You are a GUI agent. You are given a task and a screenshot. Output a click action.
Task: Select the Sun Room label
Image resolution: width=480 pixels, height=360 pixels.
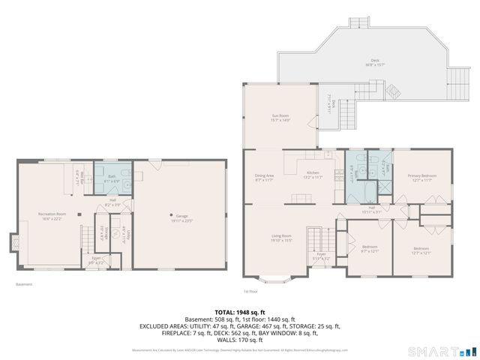pyautogui.click(x=280, y=118)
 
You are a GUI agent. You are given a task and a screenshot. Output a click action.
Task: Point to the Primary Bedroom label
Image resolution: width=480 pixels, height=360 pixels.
pyautogui.click(x=421, y=178)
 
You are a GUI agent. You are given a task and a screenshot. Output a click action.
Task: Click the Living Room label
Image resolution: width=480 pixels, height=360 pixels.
pyautogui.click(x=281, y=238)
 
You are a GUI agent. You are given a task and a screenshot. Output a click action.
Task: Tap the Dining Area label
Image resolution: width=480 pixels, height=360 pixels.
pyautogui.click(x=264, y=178)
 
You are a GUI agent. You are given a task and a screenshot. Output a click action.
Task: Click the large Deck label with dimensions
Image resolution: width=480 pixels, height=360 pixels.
pyautogui.click(x=375, y=62)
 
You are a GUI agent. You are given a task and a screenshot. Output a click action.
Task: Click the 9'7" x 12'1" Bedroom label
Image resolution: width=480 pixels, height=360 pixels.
pyautogui.click(x=370, y=249)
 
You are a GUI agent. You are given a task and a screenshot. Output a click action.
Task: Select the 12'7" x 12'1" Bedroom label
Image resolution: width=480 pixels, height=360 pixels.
pyautogui.click(x=421, y=250)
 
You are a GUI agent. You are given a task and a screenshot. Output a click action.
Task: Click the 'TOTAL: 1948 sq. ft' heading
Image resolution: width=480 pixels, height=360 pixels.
pyautogui.click(x=239, y=311)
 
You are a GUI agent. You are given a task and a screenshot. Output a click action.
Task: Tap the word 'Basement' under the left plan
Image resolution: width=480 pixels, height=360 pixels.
pyautogui.click(x=24, y=284)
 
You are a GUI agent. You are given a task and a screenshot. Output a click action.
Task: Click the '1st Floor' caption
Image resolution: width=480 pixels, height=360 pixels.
pyautogui.click(x=250, y=291)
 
